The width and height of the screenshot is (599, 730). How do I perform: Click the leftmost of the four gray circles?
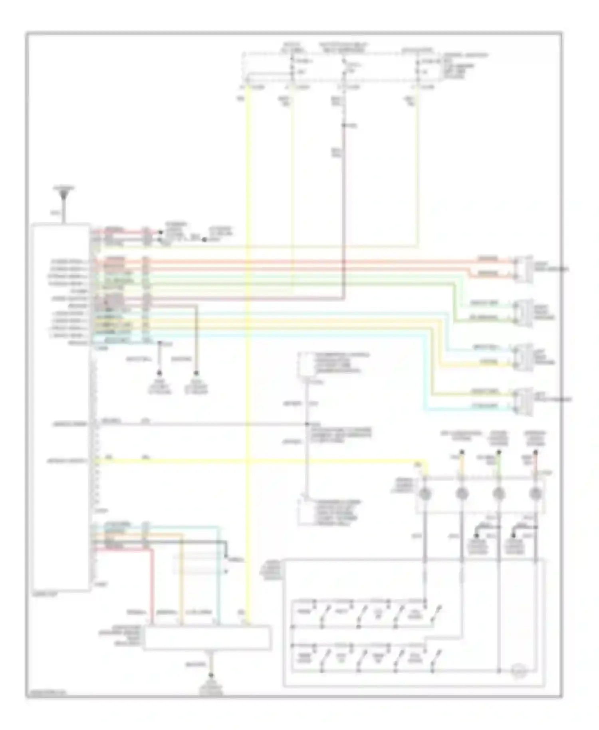[x=425, y=494]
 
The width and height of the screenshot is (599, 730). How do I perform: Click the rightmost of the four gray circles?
[x=535, y=494]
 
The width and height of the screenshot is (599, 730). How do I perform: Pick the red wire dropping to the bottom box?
[x=152, y=587]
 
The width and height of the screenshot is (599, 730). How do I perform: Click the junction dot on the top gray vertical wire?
[x=344, y=126]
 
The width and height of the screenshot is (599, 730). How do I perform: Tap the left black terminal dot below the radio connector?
[x=159, y=373]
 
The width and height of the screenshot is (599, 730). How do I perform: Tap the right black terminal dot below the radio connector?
[x=196, y=373]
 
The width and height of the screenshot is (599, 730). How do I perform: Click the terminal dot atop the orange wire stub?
[x=462, y=452]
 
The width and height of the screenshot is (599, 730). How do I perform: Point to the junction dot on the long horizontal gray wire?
[x=307, y=424]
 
